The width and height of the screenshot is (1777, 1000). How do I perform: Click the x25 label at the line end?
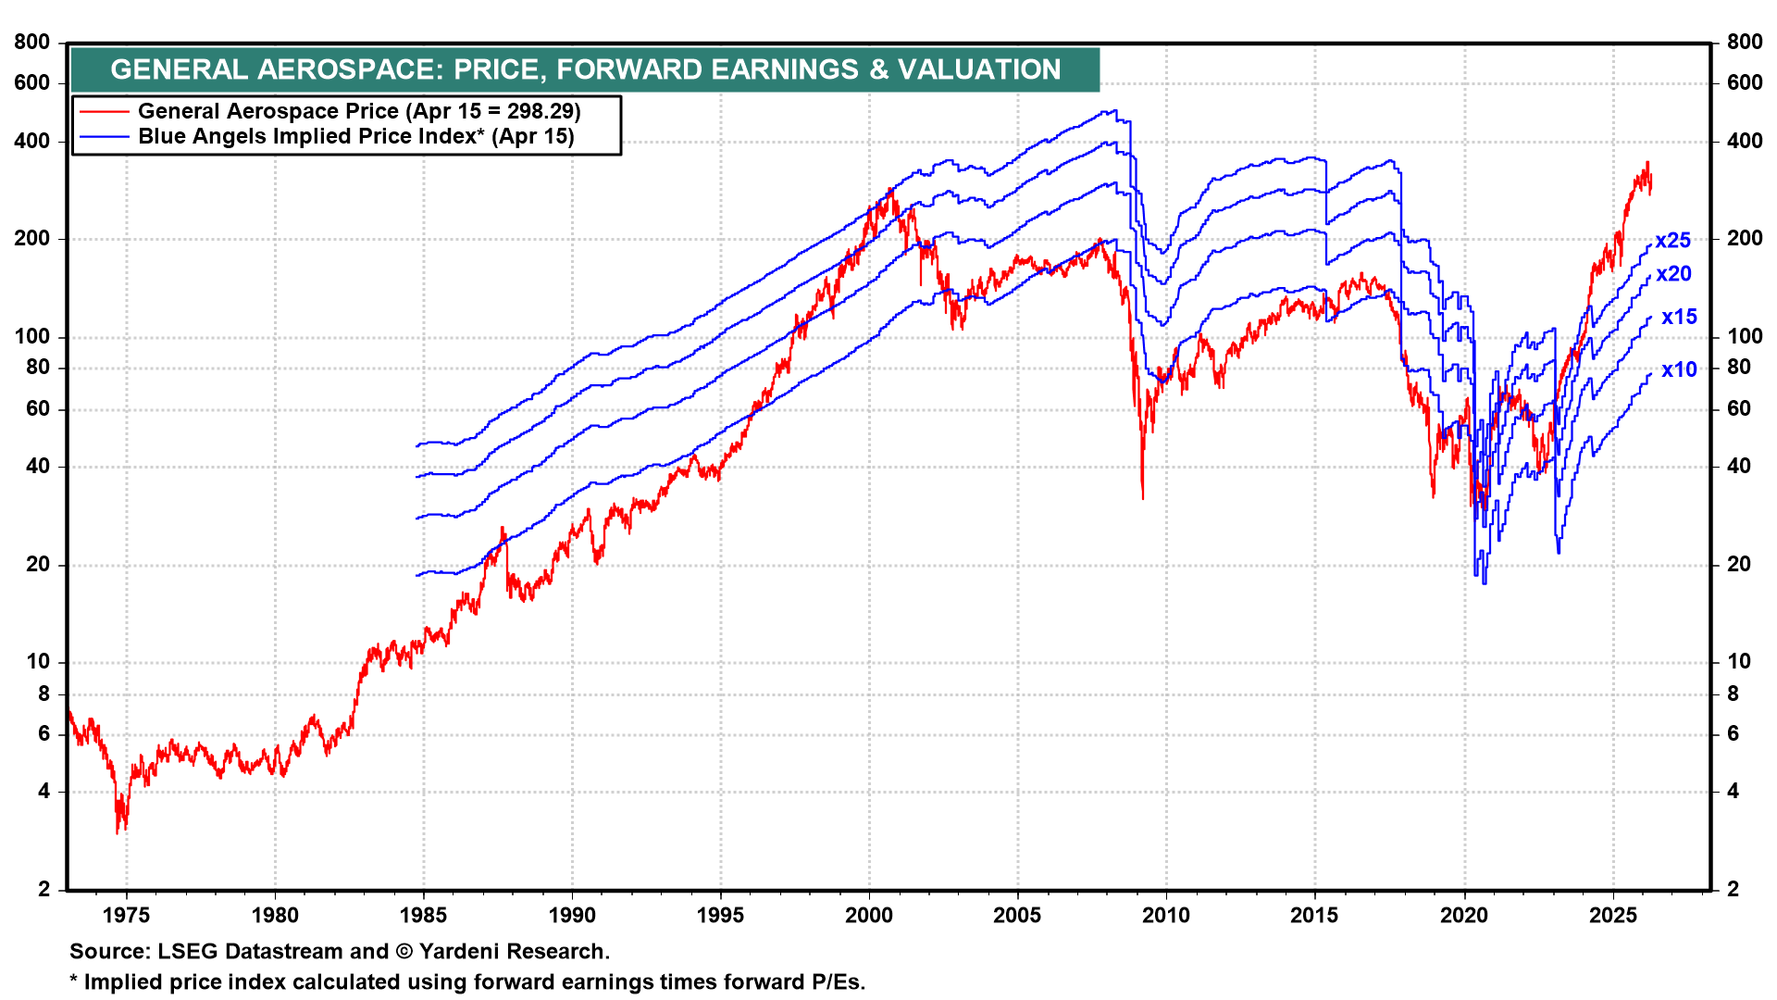[1672, 241]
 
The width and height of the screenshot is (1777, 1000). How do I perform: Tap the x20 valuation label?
[1673, 274]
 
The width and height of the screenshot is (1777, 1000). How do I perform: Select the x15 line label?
[1679, 318]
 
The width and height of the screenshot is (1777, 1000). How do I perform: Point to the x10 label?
[1679, 370]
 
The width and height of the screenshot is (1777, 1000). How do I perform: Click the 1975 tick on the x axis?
[126, 916]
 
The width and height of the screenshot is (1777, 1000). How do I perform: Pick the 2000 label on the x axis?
[869, 916]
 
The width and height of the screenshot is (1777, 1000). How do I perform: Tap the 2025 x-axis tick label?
[1613, 916]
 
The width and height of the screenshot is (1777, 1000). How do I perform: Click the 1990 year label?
[572, 916]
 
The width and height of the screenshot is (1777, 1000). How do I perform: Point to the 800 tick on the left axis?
[32, 42]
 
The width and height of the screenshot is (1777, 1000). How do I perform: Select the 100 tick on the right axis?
[1744, 337]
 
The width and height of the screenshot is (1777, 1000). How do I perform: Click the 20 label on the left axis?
[38, 565]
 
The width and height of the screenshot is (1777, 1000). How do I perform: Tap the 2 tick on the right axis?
[1734, 889]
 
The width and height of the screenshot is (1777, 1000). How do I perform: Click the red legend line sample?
[104, 112]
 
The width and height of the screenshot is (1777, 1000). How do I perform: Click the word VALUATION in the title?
[979, 69]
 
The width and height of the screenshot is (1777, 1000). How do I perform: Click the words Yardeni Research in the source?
[513, 952]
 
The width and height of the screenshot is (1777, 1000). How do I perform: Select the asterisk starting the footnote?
[74, 981]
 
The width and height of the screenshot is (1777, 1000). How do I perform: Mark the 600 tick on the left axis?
[32, 83]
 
